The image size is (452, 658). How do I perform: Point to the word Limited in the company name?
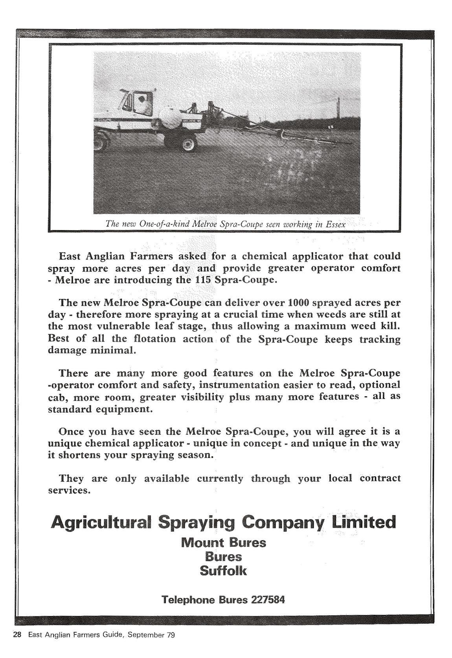tap(364, 522)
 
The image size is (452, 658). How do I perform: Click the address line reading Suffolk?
tap(223, 570)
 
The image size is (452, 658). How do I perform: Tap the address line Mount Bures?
tap(223, 543)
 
